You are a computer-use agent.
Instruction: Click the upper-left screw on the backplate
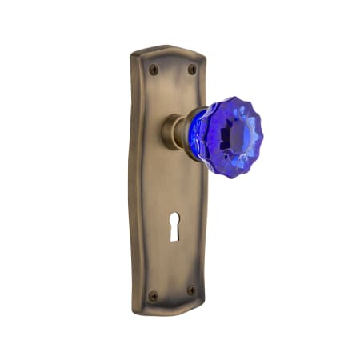[x=154, y=70]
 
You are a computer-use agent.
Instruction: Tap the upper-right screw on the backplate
[x=192, y=70]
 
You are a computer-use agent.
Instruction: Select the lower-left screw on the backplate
[x=154, y=295]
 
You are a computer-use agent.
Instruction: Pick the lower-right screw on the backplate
[x=190, y=290]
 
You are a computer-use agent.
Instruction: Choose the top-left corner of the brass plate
[x=134, y=56]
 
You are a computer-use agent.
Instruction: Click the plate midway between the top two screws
[x=173, y=70]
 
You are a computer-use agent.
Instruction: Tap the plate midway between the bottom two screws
[x=172, y=293]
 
